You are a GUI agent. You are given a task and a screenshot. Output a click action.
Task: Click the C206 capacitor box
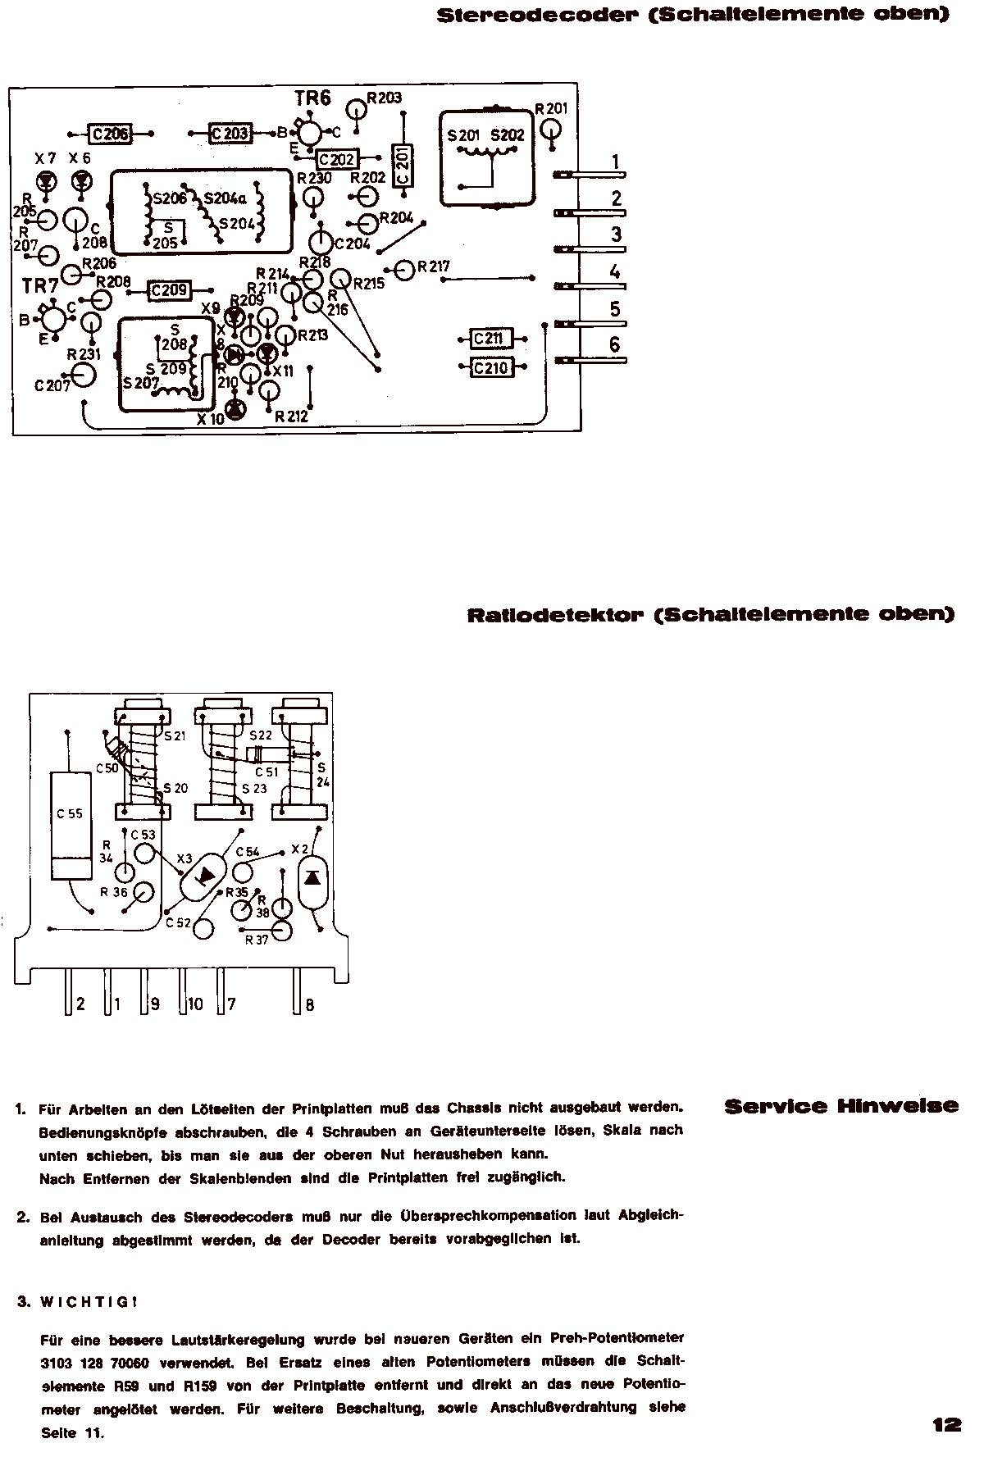pyautogui.click(x=110, y=134)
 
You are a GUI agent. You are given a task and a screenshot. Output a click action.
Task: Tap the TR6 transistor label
pyautogui.click(x=312, y=99)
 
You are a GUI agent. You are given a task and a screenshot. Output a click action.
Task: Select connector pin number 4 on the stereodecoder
pyautogui.click(x=615, y=271)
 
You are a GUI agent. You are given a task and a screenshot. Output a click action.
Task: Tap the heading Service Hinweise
pyautogui.click(x=840, y=1106)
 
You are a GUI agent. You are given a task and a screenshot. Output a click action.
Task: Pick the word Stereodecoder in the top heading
pyautogui.click(x=549, y=15)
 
